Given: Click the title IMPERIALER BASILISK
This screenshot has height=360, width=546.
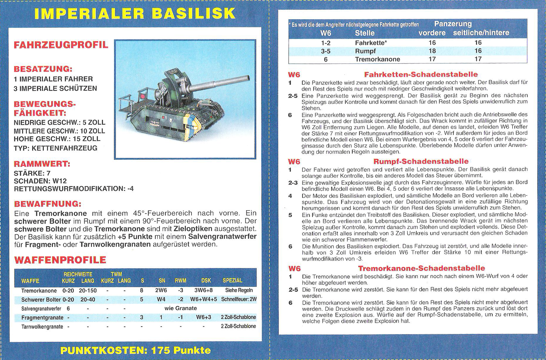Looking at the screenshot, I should [135, 14].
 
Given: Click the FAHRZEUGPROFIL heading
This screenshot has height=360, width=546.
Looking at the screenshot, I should [61, 45].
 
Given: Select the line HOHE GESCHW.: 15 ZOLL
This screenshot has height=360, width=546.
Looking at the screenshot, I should [57, 139].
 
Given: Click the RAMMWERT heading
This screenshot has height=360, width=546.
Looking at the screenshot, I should [42, 164].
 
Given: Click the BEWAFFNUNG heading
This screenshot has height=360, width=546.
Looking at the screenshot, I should [47, 204].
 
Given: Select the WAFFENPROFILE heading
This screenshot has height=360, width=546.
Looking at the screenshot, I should [60, 260].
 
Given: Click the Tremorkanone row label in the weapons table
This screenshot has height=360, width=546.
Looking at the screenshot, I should [39, 291].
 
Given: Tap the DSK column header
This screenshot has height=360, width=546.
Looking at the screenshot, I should [206, 281].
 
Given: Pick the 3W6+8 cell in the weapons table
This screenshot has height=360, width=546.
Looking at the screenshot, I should [204, 291].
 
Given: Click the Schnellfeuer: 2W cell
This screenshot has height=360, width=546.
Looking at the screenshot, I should [239, 299].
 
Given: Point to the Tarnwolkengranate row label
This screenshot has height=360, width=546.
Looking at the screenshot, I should [42, 326].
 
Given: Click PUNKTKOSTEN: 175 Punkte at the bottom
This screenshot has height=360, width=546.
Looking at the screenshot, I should [135, 350].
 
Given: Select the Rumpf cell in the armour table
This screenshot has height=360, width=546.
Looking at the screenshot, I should [365, 51].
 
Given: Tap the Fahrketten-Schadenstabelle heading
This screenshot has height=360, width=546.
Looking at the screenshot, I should [421, 75].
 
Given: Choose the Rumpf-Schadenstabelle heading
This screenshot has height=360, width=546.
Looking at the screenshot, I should [421, 161].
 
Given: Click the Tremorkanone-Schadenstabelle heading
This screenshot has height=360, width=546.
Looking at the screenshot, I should [421, 268].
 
